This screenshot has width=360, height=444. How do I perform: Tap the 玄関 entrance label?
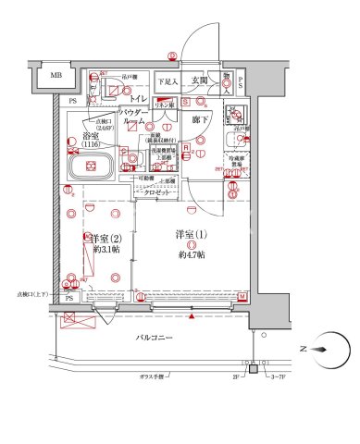coord(198,81)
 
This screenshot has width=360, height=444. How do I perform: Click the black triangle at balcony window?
coord(191,316)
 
